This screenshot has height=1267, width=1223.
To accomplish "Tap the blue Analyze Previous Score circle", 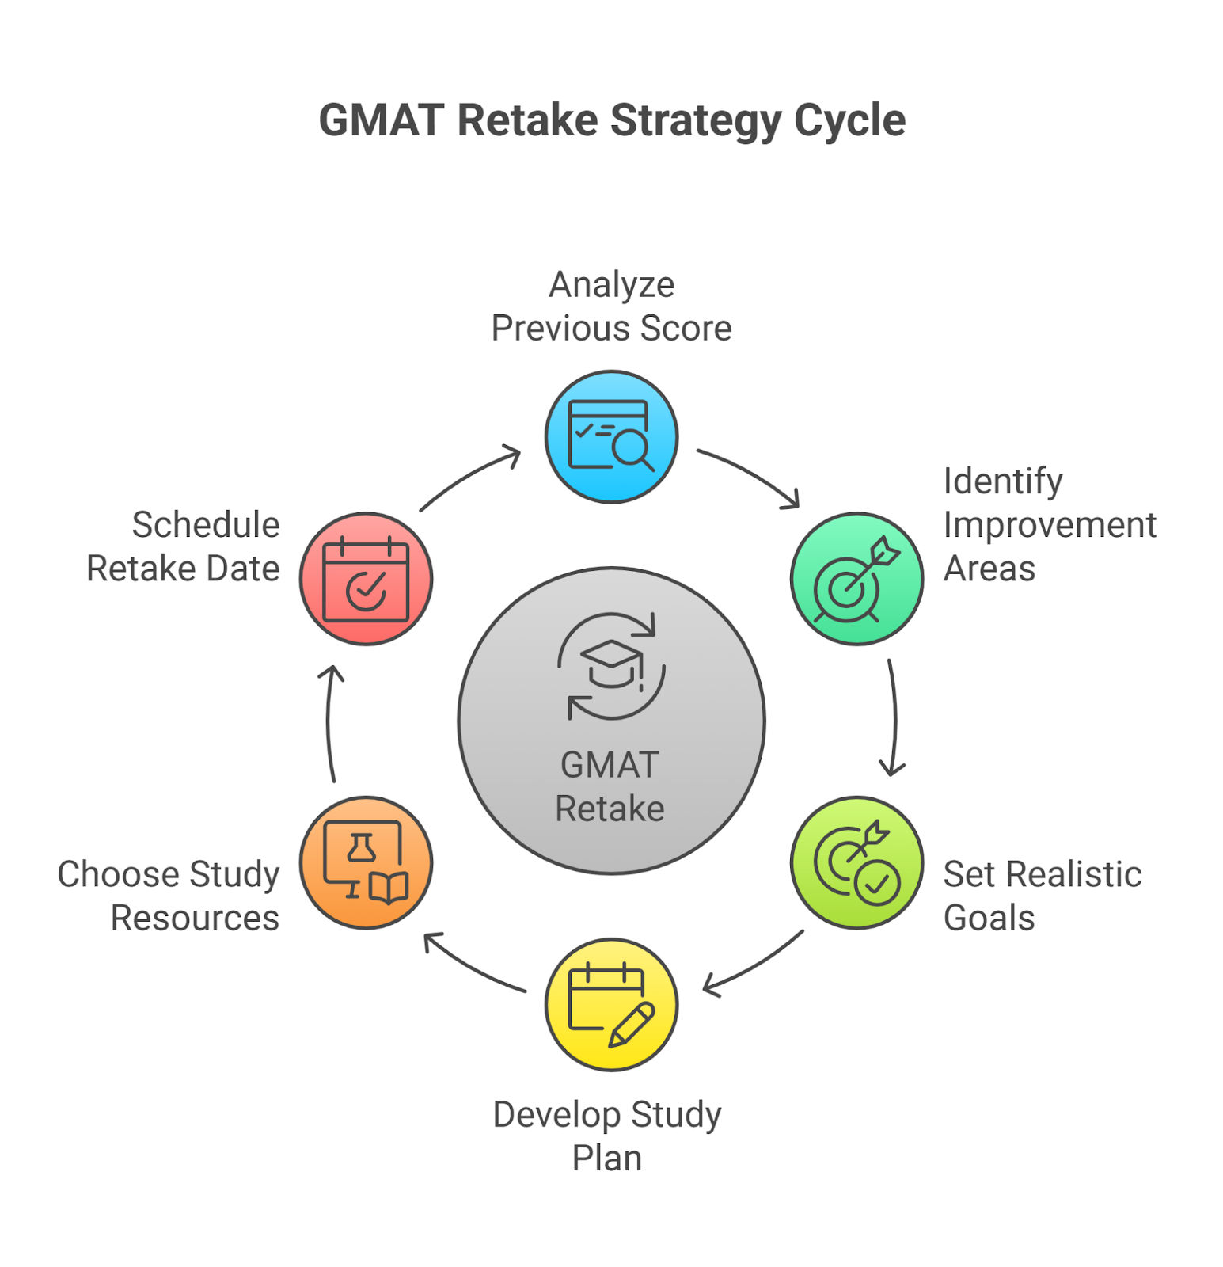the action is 611,436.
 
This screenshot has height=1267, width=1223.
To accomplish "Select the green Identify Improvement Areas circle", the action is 856,578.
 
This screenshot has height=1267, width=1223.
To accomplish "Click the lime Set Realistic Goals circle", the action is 856,862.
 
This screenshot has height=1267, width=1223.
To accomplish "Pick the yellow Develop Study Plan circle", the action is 611,1004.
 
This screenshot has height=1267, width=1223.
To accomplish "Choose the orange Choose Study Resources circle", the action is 366,862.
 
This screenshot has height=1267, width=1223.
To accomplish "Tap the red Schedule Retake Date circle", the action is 366,578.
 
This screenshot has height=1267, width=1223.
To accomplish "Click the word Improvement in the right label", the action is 1050,526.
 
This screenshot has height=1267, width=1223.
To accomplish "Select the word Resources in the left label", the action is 195,919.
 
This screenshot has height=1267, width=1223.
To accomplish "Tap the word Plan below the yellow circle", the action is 606,1159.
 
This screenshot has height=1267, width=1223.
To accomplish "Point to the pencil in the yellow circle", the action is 632,1025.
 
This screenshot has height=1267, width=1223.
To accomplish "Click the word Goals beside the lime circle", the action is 989,919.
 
